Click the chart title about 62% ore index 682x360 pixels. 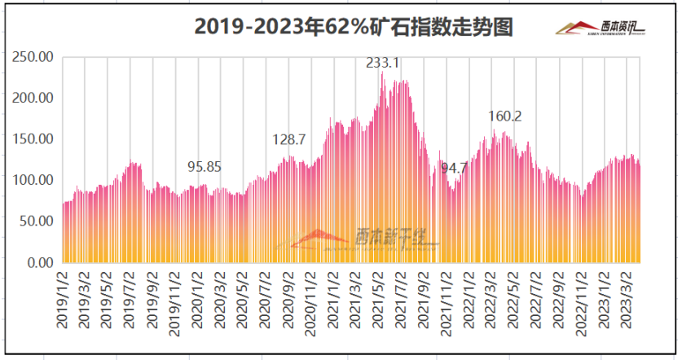point(354,27)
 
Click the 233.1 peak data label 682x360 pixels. point(383,63)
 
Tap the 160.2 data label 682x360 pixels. point(505,116)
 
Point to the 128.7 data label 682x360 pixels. point(289,140)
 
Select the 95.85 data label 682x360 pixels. point(205,167)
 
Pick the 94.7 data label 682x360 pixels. point(454,168)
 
